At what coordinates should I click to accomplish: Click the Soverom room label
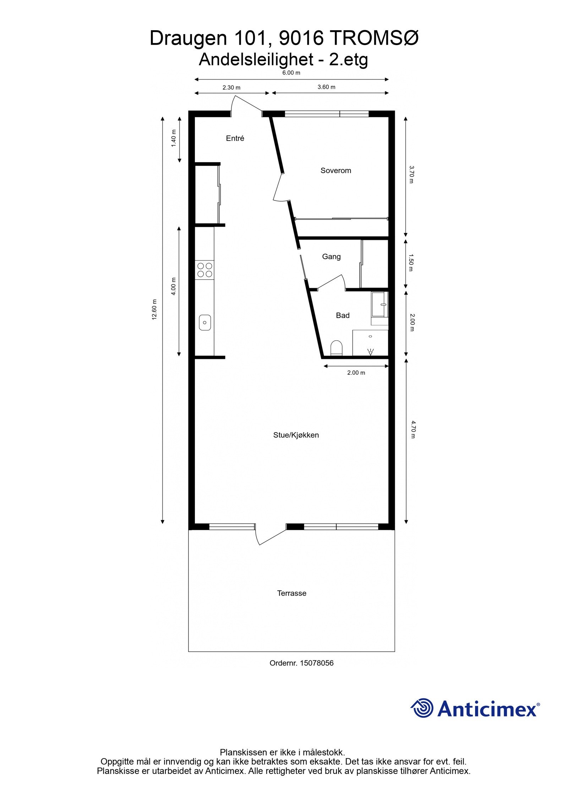335,171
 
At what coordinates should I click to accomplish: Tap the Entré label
235,138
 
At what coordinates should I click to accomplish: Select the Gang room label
331,257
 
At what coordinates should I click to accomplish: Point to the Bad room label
343,315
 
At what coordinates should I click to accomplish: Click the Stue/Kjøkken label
296,435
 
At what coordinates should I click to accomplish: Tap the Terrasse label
291,593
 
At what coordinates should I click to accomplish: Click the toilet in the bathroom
336,348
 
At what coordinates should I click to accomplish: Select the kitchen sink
205,323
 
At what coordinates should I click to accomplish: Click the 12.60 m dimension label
154,309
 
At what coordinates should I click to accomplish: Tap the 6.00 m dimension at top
291,73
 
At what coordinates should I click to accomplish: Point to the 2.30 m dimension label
231,88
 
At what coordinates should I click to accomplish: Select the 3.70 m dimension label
411,174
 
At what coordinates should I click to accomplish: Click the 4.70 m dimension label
413,429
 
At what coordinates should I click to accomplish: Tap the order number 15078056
317,663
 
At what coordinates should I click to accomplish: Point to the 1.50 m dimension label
411,262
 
